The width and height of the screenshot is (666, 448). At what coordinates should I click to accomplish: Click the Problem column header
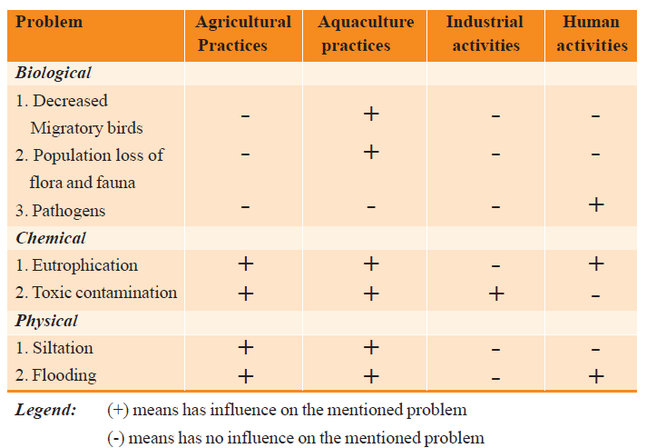pyautogui.click(x=49, y=22)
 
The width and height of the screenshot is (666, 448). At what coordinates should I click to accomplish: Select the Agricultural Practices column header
pyautogui.click(x=244, y=33)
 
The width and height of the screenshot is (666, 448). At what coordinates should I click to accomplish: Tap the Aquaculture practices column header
pyautogui.click(x=366, y=33)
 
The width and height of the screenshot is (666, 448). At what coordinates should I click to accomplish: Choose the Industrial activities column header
pyautogui.click(x=485, y=33)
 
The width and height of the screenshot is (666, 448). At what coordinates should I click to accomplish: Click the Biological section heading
pyautogui.click(x=54, y=74)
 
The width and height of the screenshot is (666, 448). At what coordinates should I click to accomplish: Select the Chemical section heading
pyautogui.click(x=51, y=238)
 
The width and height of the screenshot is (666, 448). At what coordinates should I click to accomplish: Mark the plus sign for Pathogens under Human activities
pyautogui.click(x=595, y=205)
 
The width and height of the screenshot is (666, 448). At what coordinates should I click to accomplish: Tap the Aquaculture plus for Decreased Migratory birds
pyautogui.click(x=370, y=114)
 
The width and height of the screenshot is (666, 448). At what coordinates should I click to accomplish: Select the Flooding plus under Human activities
pyautogui.click(x=595, y=375)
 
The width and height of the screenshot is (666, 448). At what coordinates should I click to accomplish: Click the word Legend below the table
pyautogui.click(x=46, y=410)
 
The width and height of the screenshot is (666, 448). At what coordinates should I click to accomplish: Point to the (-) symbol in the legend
pyautogui.click(x=115, y=437)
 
